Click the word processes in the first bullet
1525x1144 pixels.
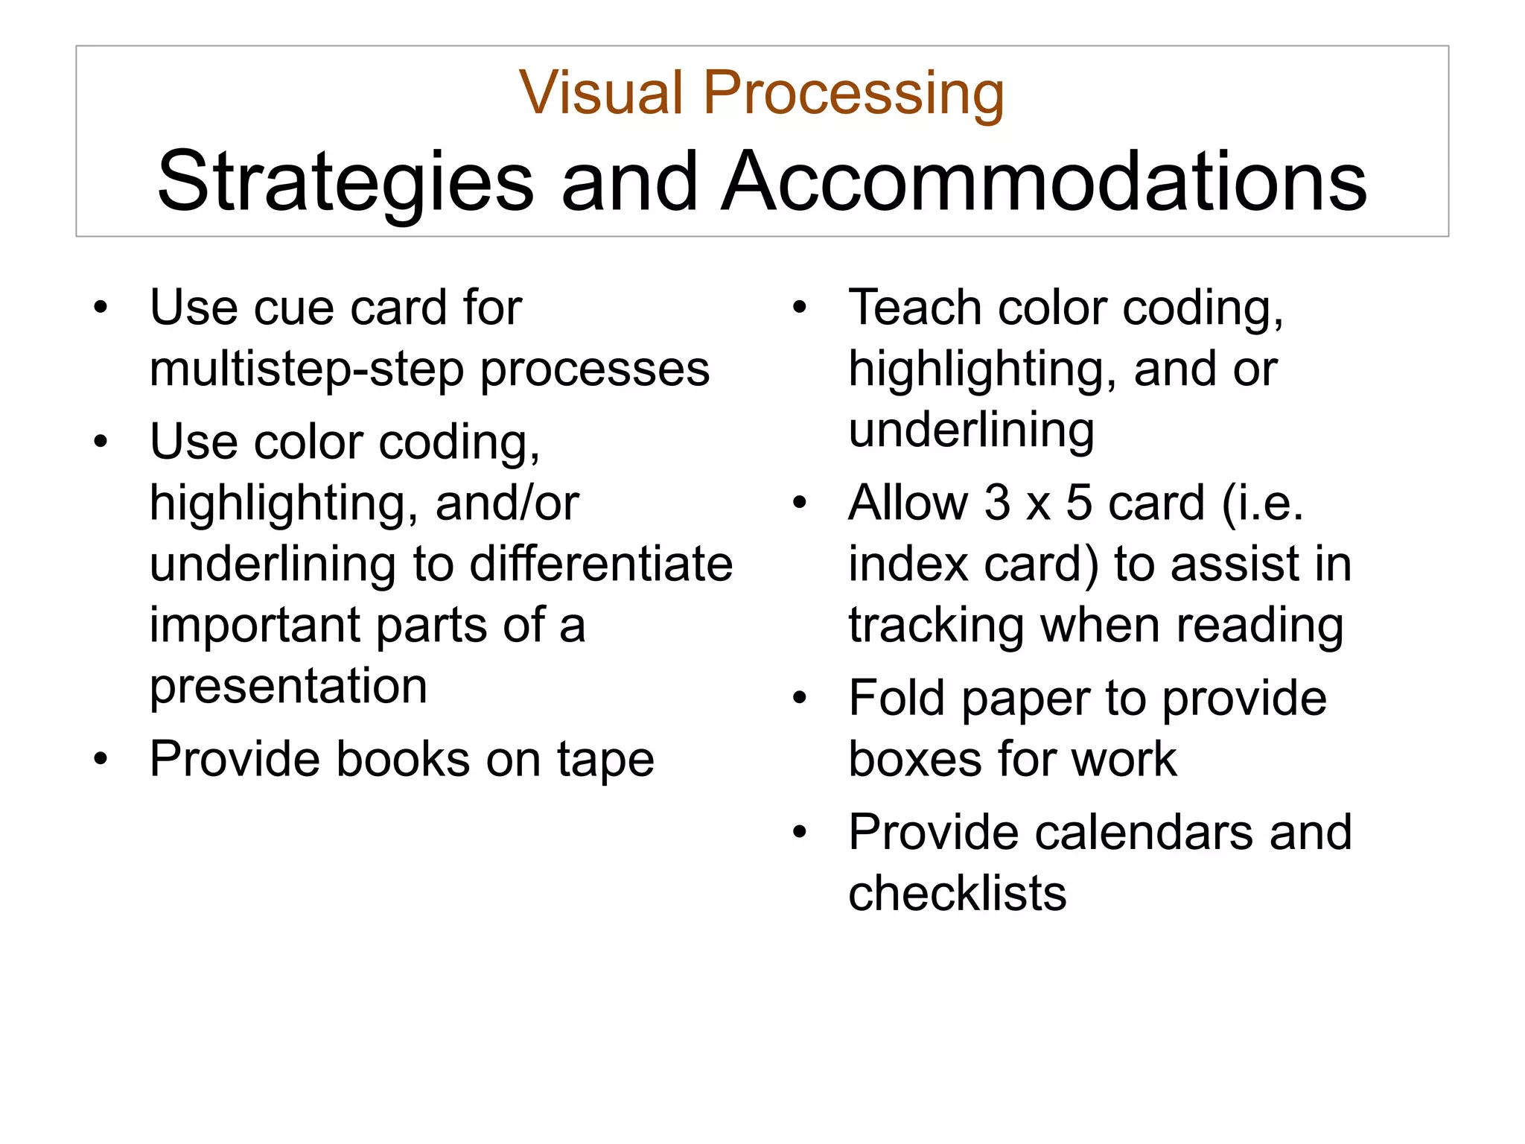(x=595, y=369)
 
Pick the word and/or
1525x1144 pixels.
(x=507, y=503)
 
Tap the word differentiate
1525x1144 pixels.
(x=601, y=564)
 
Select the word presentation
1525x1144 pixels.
(x=288, y=686)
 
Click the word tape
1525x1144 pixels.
(x=605, y=760)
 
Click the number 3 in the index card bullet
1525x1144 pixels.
(x=998, y=503)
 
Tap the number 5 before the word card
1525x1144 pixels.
(x=1079, y=503)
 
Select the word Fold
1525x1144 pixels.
(x=897, y=699)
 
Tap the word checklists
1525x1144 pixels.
(x=957, y=893)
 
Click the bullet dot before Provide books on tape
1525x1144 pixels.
(x=101, y=760)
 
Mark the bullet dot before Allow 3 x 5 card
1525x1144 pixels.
(x=800, y=503)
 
